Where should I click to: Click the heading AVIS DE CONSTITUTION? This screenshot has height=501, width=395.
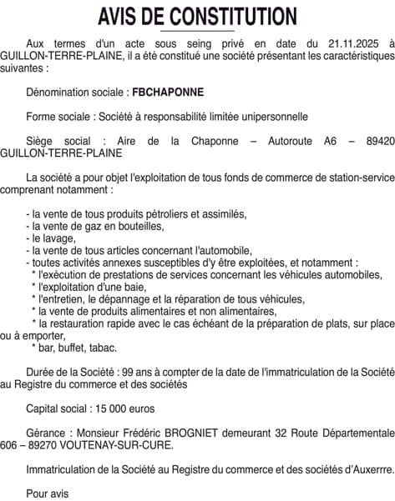point(197,16)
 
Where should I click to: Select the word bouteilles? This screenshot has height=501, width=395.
point(139,227)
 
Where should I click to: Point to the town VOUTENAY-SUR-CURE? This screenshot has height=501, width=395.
point(118,446)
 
